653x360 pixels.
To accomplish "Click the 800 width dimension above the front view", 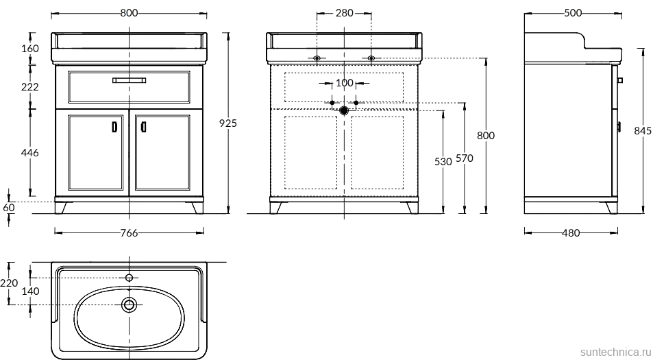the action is coord(129,13).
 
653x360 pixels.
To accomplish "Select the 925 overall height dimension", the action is coord(228,123).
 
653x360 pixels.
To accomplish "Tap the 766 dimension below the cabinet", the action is coord(129,233).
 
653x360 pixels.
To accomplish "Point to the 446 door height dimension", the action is coord(29,153).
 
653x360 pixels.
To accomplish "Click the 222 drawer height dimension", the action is coord(29,86).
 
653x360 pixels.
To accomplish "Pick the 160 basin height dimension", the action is coord(29,48).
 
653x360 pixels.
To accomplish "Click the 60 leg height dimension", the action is coord(9,207).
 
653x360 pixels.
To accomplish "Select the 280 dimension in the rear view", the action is coord(345,13).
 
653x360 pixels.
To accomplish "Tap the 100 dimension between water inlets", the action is coord(345,83).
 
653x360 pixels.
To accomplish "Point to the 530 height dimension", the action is coord(443,161).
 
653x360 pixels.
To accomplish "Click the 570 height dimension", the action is coord(465,158).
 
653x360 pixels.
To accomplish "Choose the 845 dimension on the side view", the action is coord(643,131).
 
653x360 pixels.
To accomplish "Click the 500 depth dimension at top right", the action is coord(573,13).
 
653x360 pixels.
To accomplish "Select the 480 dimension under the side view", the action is coord(571,233).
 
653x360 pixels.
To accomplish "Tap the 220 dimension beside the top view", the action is coord(9,283).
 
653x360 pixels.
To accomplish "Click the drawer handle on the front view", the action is coord(129,80).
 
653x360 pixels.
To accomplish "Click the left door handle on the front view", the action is coord(115,127).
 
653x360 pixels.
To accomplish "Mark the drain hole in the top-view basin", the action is coord(129,304).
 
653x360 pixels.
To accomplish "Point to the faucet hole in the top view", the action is coord(129,278).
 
